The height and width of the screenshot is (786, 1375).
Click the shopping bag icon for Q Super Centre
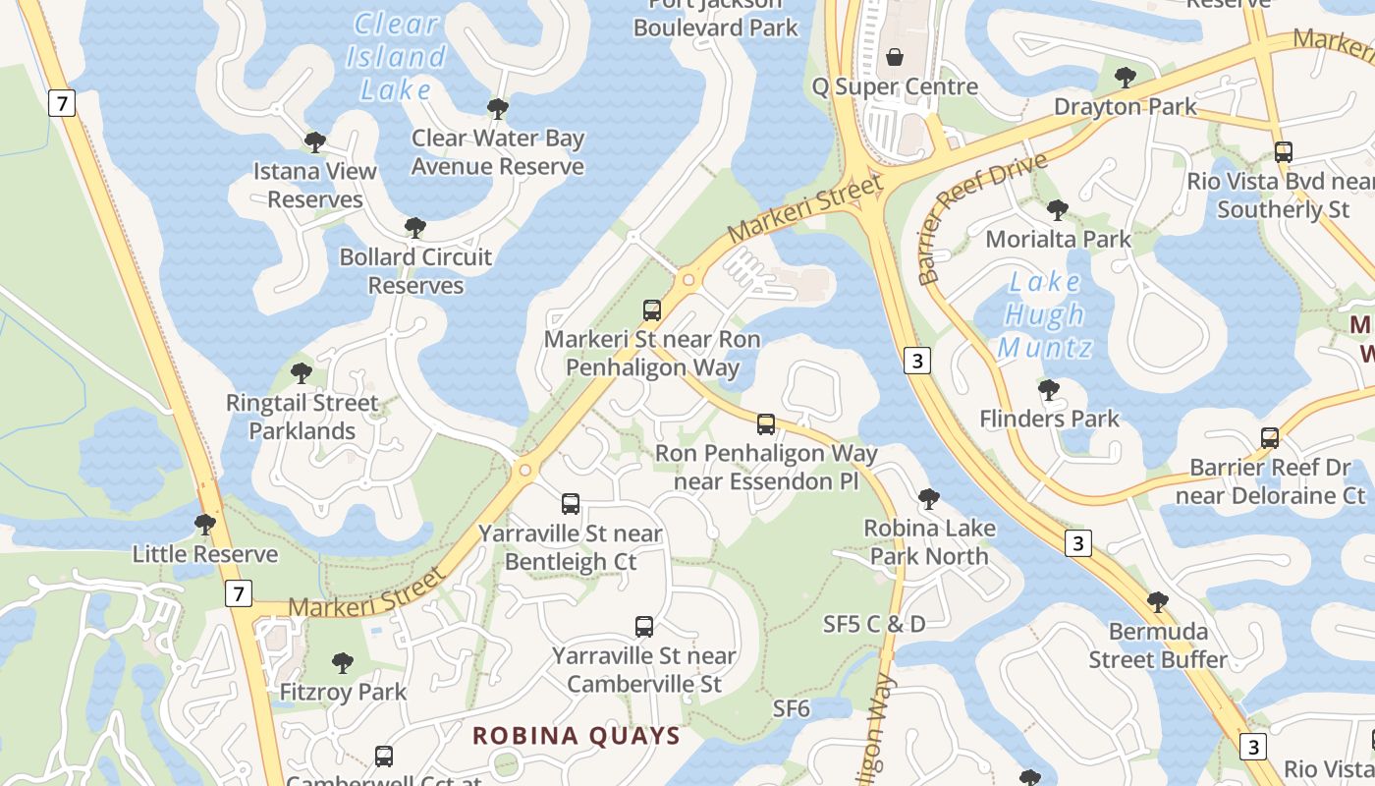tap(895, 57)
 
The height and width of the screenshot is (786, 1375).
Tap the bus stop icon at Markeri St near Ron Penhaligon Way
tap(652, 310)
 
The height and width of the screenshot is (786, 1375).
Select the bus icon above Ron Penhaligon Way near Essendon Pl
tap(766, 424)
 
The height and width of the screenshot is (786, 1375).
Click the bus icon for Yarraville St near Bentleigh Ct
tap(571, 504)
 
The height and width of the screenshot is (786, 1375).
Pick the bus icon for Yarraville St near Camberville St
tap(644, 627)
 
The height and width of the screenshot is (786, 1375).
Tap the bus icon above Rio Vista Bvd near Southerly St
tap(1283, 152)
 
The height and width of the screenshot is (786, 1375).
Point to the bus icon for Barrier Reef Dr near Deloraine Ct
tap(1270, 438)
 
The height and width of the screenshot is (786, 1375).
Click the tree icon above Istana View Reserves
tap(315, 142)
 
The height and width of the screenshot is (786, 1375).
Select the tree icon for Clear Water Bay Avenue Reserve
tap(498, 109)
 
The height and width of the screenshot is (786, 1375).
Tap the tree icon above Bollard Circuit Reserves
tap(415, 229)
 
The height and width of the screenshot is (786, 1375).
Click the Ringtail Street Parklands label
tap(302, 417)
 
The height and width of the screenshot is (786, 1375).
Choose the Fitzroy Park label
tap(343, 692)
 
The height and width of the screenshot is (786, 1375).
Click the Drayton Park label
tap(1126, 106)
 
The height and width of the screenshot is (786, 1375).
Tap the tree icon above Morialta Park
tap(1058, 210)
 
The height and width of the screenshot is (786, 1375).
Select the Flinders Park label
tap(1049, 419)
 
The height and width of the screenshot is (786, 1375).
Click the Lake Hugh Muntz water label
tap(1045, 314)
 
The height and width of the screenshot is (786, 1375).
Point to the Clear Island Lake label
tap(396, 56)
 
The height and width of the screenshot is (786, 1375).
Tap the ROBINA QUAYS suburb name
tap(577, 736)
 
